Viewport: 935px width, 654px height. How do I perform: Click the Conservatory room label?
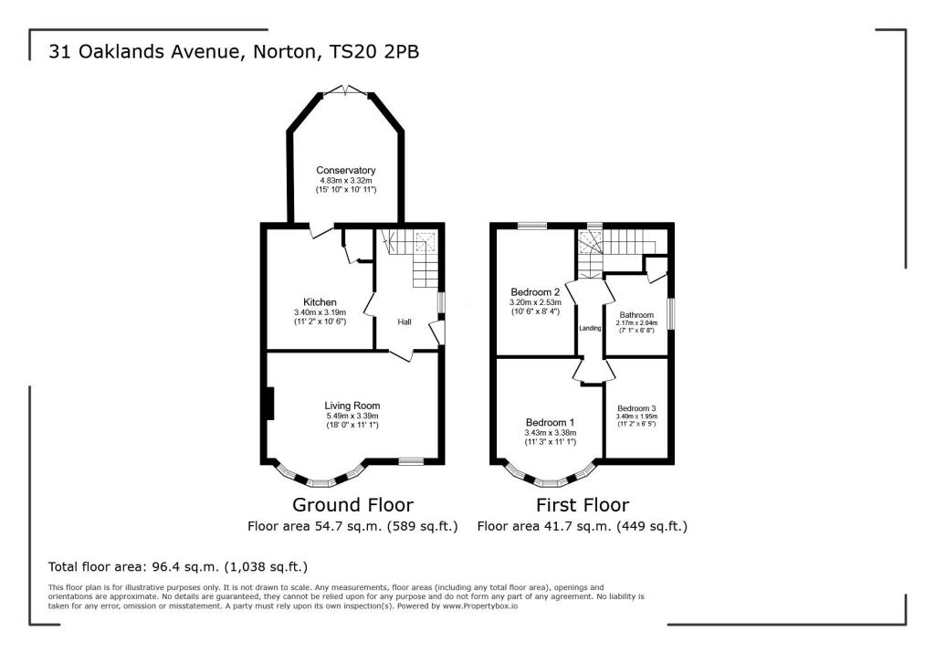[345, 171]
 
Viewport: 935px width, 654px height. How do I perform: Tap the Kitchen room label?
[320, 302]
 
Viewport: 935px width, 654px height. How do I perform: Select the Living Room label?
[352, 406]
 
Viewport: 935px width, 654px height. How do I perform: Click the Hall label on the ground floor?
[404, 322]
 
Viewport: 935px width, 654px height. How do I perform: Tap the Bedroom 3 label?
[636, 408]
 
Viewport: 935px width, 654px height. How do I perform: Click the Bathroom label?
[636, 314]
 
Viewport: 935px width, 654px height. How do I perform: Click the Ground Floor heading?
[352, 505]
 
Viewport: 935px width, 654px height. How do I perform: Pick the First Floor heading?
[582, 505]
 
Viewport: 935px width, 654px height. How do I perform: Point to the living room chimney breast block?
[269, 405]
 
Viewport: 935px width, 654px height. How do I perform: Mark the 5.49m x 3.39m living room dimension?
[352, 416]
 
